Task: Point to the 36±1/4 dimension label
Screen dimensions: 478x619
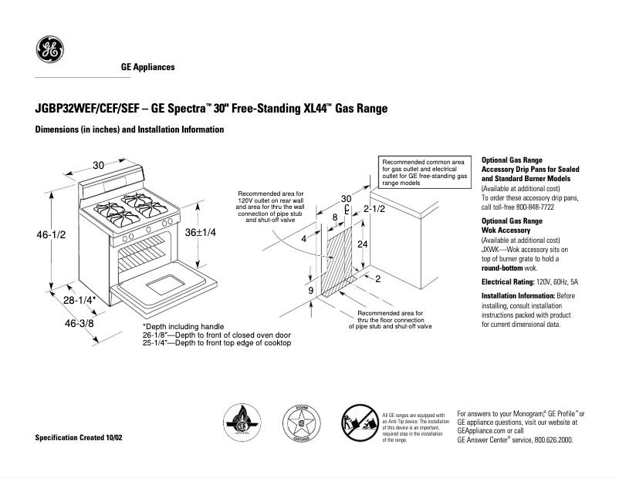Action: [x=200, y=233]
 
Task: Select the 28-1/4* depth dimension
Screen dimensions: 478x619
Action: [x=80, y=300]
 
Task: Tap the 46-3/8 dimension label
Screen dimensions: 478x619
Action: [x=79, y=324]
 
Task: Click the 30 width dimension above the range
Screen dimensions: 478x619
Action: [x=99, y=165]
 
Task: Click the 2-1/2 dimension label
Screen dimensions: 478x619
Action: [x=374, y=209]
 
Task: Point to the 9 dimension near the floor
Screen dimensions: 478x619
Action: [x=310, y=291]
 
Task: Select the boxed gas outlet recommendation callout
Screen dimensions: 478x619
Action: [x=424, y=173]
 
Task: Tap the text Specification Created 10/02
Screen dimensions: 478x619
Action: [x=79, y=438]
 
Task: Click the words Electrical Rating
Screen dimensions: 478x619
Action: [x=507, y=282]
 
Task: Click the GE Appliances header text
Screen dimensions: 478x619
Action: [x=148, y=67]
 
